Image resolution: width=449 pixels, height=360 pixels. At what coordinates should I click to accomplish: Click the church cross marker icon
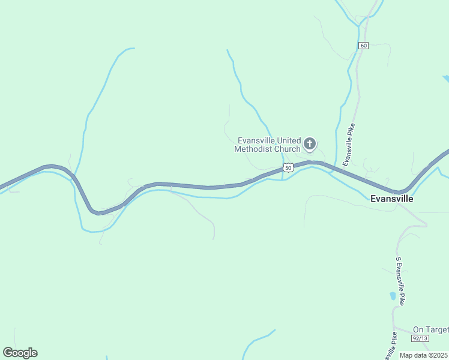tap(310, 143)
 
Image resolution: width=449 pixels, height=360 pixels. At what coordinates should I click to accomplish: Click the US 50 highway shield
tap(289, 168)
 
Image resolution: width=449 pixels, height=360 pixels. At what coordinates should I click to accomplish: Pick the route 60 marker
tap(364, 46)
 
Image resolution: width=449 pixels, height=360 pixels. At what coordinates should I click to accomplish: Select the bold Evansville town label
tap(392, 198)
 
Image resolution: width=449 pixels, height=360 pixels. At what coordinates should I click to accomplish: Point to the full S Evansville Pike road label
tap(400, 281)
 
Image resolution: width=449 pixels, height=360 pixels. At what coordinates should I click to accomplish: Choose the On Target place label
tap(430, 329)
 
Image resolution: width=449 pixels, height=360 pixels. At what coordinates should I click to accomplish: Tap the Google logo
tap(20, 353)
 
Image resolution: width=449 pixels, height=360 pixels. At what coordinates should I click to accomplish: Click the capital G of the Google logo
tap(8, 352)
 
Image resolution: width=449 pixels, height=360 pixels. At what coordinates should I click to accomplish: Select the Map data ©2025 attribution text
tap(424, 355)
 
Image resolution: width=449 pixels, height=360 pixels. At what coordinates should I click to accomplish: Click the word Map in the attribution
tap(406, 355)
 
